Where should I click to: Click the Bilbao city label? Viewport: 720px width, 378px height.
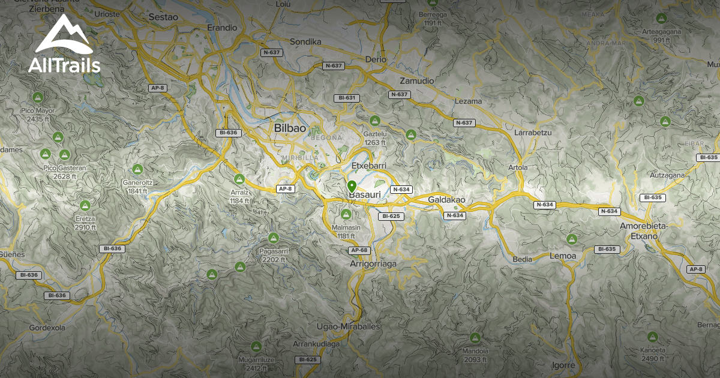tap(290, 128)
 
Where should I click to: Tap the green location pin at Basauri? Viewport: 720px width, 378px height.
tap(352, 186)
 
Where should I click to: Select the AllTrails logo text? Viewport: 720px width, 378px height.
tap(64, 65)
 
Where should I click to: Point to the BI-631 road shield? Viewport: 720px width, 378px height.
tap(347, 98)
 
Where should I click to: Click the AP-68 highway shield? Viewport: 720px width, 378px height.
tap(359, 250)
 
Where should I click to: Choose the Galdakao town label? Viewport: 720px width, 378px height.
tap(447, 200)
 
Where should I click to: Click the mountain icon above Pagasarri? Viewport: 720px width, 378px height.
tap(274, 238)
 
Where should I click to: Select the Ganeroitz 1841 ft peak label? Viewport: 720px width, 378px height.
tap(137, 187)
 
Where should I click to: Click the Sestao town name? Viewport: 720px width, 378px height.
tap(163, 17)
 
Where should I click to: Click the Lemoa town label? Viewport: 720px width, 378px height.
tap(563, 256)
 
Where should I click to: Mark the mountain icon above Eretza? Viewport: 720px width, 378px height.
tap(85, 206)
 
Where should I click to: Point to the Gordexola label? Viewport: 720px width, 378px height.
tap(47, 328)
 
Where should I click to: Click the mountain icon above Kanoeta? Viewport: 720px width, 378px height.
tap(653, 337)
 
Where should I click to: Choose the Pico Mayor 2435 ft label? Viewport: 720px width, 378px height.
tap(38, 115)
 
